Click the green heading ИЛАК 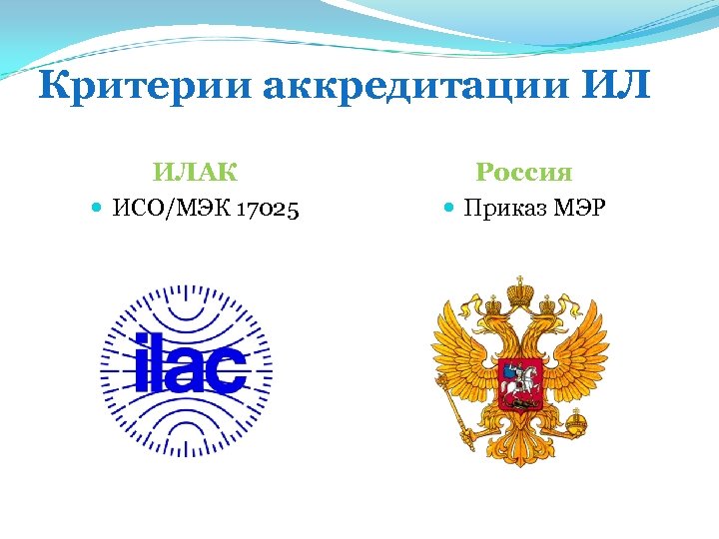click(195, 172)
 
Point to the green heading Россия click(523, 172)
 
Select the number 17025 click(265, 209)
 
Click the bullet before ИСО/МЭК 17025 click(96, 209)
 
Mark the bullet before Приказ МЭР click(448, 209)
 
